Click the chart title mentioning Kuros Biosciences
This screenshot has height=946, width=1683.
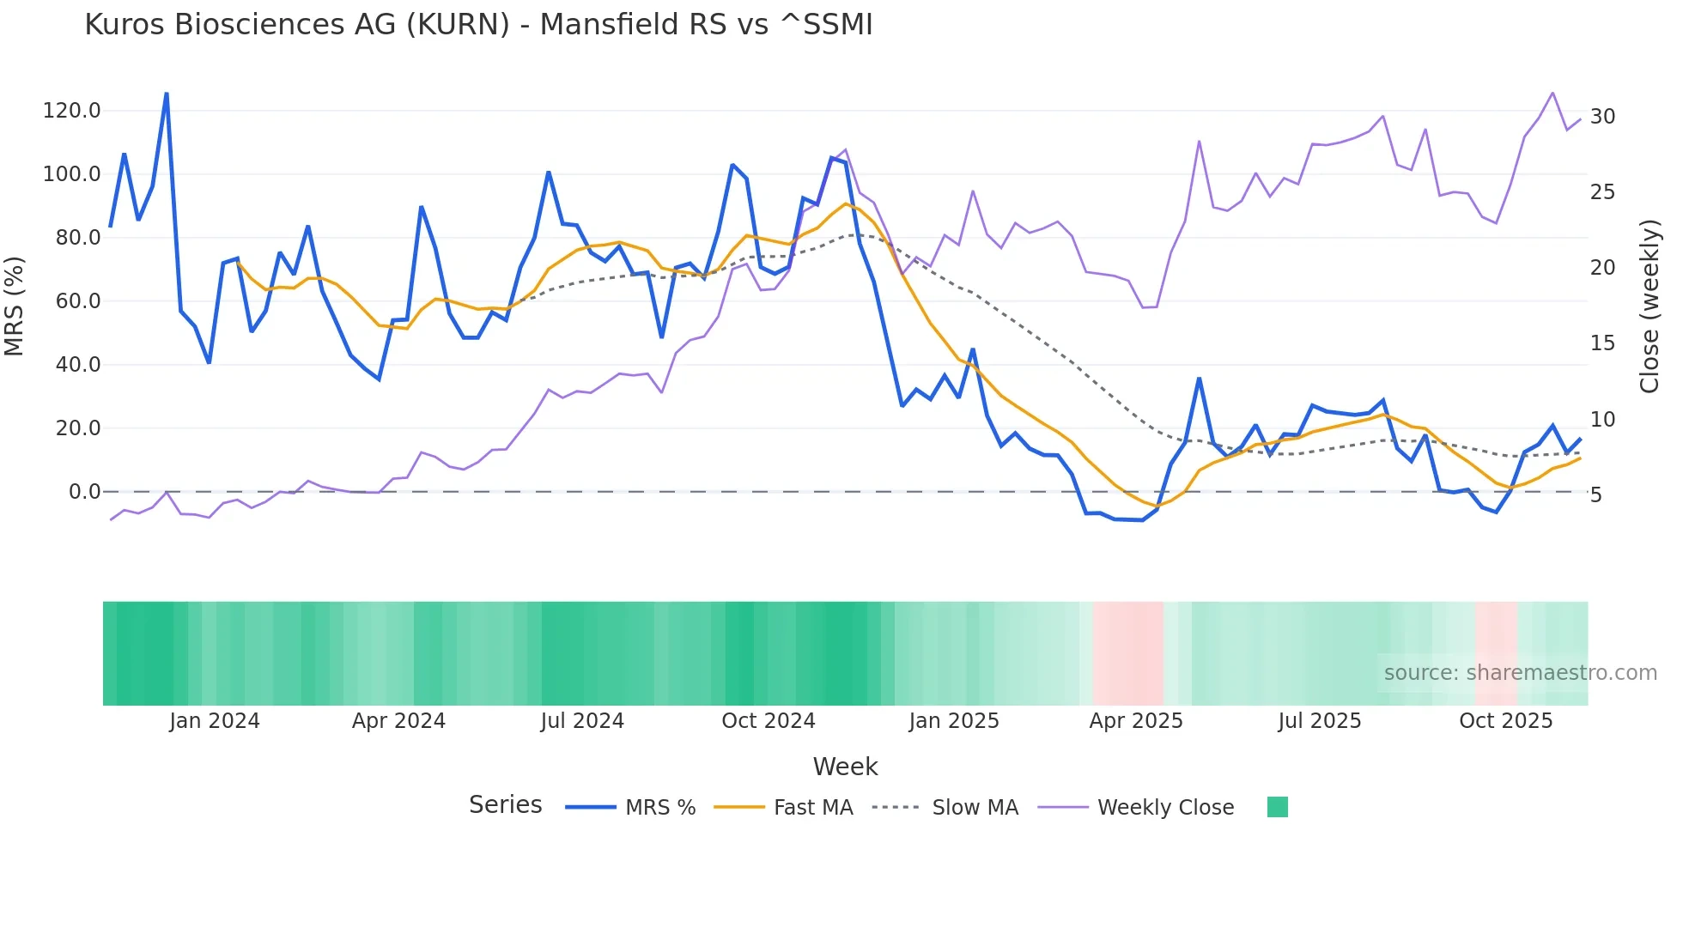[478, 25]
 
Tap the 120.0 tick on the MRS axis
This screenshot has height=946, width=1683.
[71, 111]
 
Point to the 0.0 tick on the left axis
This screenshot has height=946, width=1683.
[84, 492]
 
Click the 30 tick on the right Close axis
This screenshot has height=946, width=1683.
[1602, 117]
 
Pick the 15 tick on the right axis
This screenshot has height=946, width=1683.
[1602, 343]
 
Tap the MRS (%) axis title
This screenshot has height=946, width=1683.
[15, 306]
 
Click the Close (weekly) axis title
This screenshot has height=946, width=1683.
[1649, 306]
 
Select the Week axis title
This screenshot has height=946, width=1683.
[845, 767]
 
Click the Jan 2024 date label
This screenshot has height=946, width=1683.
[215, 721]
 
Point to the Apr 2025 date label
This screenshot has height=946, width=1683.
[1136, 721]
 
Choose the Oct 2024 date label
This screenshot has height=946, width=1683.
[769, 721]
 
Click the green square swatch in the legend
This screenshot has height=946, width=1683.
[1277, 807]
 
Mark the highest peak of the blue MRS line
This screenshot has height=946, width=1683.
[166, 94]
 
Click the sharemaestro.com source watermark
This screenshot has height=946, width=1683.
[1520, 673]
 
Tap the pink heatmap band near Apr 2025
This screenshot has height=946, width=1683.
[1128, 653]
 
